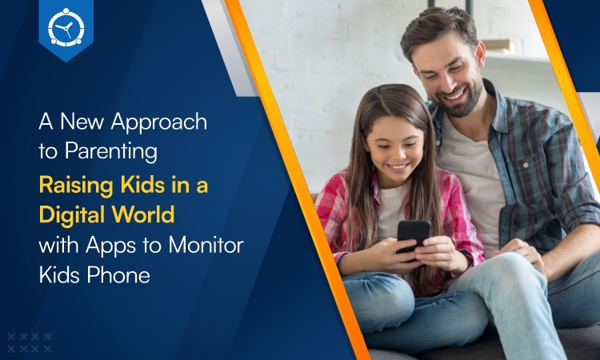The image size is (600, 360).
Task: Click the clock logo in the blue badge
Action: (66, 27)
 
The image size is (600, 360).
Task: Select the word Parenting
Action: (111, 152)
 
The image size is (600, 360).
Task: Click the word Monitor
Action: (206, 246)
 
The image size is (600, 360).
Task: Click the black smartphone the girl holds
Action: (413, 234)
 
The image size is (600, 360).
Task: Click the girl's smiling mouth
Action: (398, 167)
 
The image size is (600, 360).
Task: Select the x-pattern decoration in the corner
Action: (30, 342)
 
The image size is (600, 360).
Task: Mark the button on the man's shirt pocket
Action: (526, 166)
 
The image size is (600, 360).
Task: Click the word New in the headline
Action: (82, 121)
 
